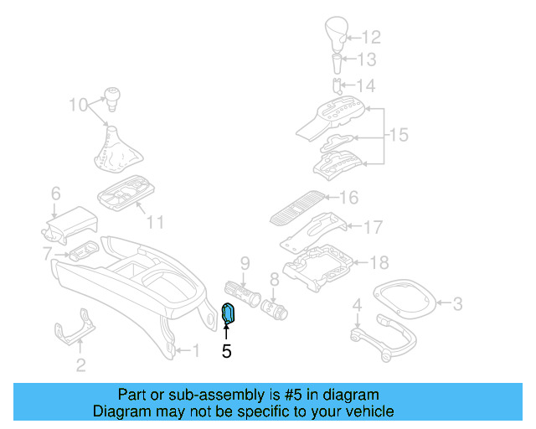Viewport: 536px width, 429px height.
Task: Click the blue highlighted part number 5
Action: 229,314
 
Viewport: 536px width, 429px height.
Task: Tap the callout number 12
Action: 371,37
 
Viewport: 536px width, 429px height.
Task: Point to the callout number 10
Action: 78,106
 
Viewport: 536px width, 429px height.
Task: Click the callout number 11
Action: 156,222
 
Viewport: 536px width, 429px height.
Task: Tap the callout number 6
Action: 55,194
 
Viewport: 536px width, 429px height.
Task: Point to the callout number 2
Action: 80,364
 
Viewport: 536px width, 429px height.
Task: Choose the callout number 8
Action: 274,279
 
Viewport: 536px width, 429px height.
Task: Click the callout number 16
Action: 348,198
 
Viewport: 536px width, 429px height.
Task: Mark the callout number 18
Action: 379,263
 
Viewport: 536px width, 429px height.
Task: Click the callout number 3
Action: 457,302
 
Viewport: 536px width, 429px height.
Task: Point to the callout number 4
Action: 357,305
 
